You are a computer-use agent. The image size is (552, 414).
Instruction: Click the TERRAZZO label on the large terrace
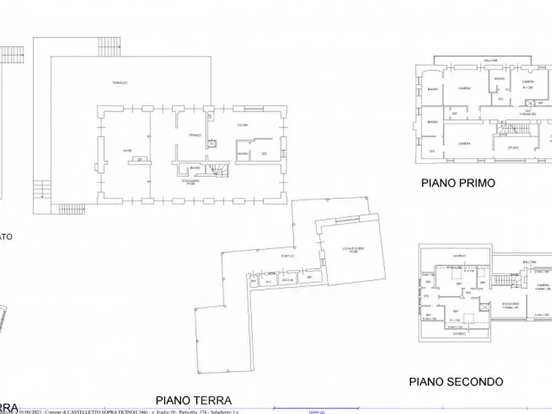coord(120,83)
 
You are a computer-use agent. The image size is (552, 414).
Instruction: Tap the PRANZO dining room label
coord(196,135)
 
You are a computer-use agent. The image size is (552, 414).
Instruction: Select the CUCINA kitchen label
coord(242,125)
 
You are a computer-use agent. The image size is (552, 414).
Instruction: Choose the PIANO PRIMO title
coord(458,183)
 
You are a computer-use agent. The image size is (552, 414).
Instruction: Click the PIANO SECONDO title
coord(456,382)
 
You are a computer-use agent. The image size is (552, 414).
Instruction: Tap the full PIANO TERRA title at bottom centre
coord(193,400)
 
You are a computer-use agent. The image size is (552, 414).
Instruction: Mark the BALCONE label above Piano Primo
coord(491,61)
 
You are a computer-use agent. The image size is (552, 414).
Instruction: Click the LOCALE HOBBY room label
coord(354,249)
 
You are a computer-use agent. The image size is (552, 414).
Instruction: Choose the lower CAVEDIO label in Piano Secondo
coord(459,334)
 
